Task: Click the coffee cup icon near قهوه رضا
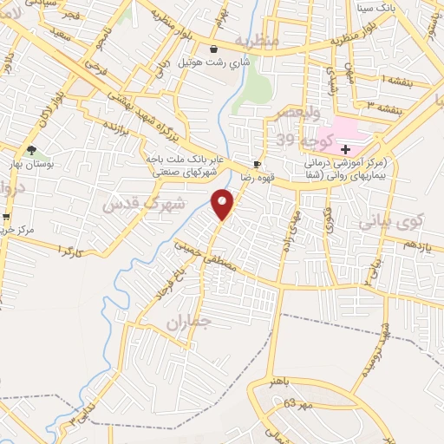(x=257, y=164)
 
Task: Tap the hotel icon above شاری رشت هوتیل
(x=214, y=49)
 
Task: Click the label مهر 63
(x=301, y=403)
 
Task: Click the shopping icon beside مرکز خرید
(x=7, y=217)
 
